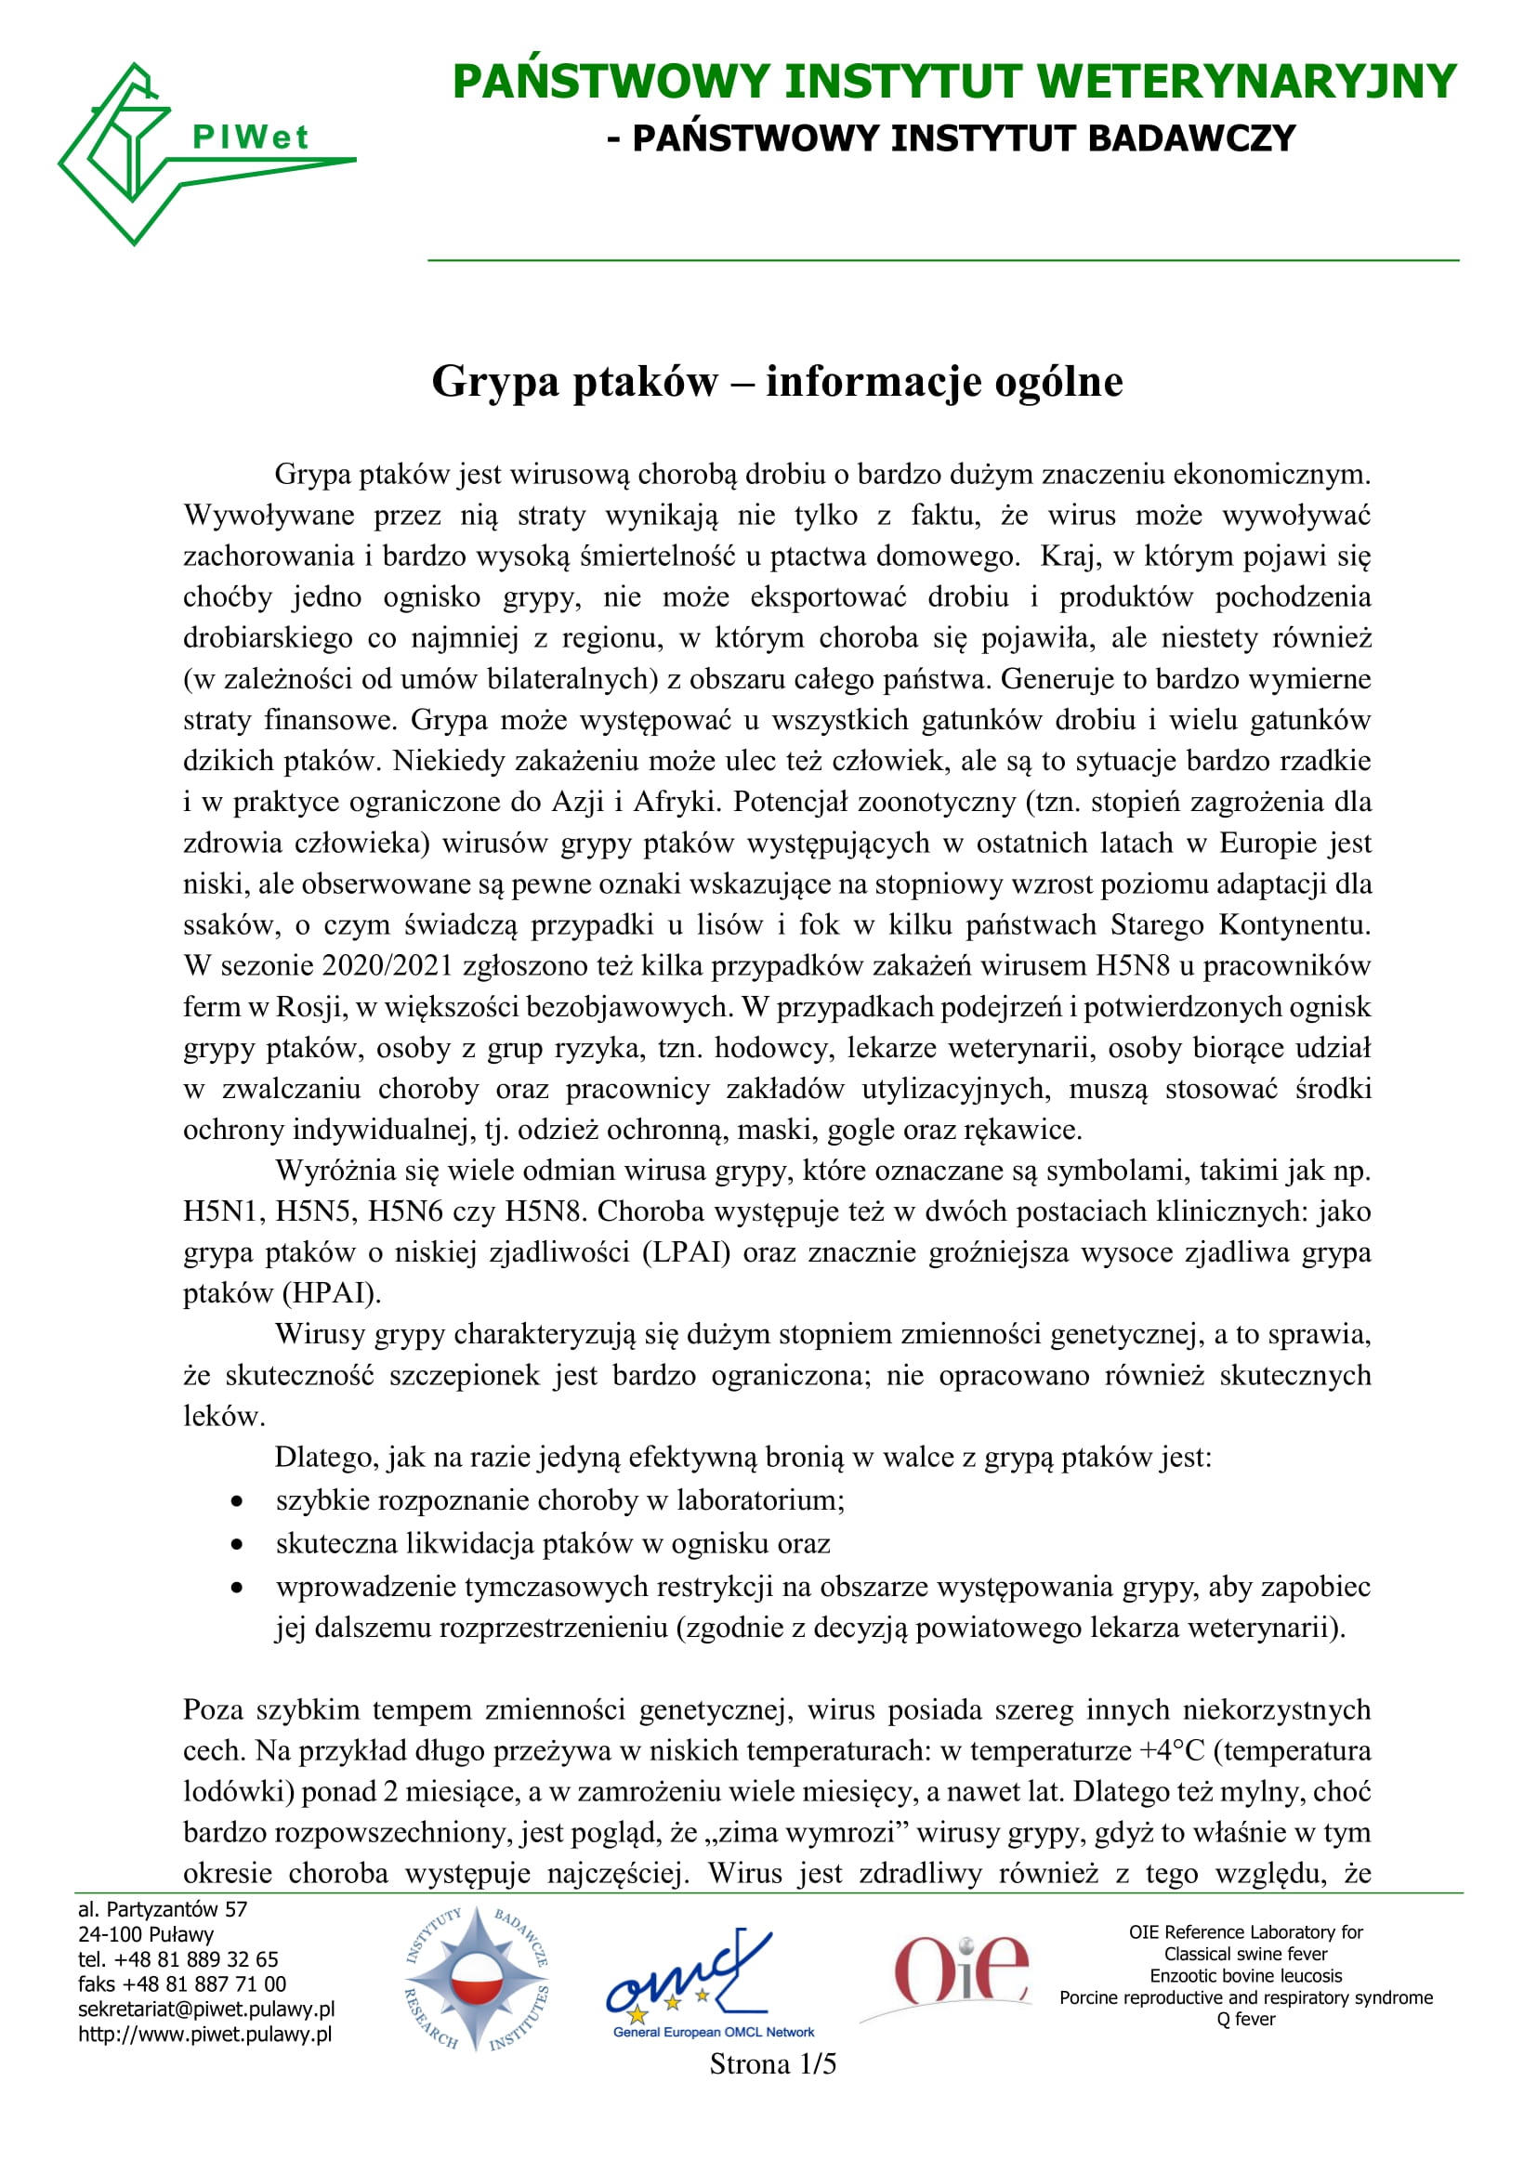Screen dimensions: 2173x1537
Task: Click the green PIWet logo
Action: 190,151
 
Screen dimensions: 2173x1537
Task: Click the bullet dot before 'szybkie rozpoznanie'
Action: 237,1502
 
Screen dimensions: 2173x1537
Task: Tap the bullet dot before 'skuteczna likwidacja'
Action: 237,1545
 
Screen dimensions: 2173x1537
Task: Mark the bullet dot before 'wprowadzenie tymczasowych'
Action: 237,1587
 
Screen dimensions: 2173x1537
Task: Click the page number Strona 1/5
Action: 772,2063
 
